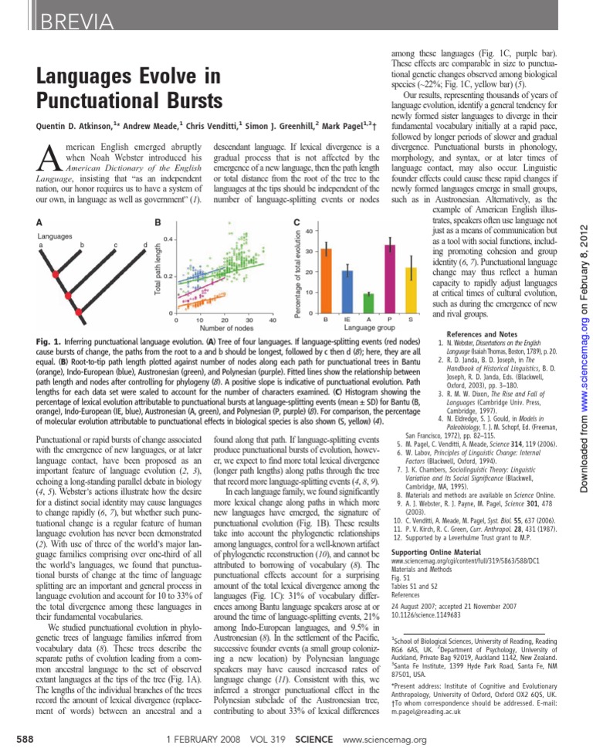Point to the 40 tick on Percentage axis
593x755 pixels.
[308, 231]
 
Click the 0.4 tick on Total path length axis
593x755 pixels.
[168, 239]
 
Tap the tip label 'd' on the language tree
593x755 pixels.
[144, 245]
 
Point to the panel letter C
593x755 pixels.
[296, 222]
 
